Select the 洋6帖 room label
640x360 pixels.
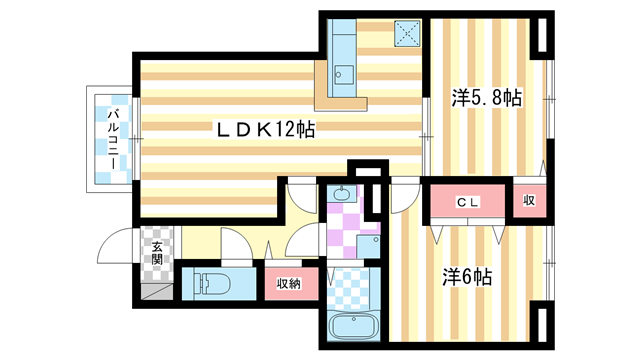(468, 274)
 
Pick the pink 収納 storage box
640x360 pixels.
(290, 283)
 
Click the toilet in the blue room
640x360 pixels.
(210, 284)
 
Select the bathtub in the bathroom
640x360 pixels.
(351, 326)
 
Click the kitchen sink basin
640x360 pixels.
(344, 73)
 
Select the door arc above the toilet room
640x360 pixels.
(234, 245)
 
